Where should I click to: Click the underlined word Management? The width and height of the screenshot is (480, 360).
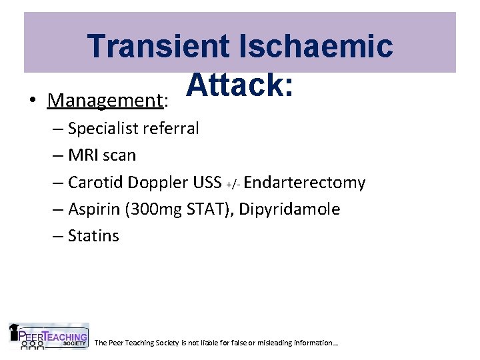105,101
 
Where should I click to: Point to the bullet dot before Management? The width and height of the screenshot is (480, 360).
32,101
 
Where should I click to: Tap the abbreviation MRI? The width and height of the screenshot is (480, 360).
83,155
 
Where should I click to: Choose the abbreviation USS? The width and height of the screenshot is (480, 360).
207,183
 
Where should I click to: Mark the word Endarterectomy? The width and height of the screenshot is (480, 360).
305,183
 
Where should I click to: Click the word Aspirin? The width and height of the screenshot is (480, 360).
93,209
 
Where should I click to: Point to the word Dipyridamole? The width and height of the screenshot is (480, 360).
289,209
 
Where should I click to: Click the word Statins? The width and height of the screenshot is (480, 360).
93,236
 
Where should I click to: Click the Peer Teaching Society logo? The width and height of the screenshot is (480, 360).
49,337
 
